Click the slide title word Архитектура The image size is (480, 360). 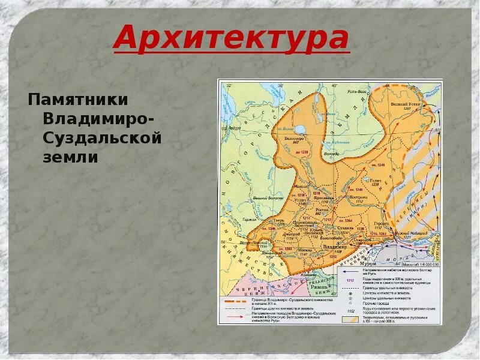[x=231, y=38]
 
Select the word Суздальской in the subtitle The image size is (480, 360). [x=103, y=138]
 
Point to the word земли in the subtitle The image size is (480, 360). [x=71, y=158]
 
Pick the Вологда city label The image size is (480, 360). [x=331, y=154]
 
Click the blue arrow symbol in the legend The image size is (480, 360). [x=352, y=272]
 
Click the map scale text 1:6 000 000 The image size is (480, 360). [x=421, y=264]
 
